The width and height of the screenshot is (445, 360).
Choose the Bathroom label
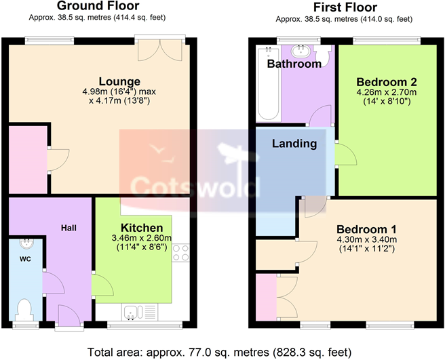point(294,64)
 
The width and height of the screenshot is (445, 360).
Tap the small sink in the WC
point(26,245)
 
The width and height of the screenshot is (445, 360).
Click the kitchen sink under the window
point(134,312)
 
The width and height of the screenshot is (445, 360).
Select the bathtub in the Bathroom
point(266,85)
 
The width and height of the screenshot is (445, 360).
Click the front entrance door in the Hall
point(68,316)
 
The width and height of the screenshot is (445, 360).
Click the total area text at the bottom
point(222,352)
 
